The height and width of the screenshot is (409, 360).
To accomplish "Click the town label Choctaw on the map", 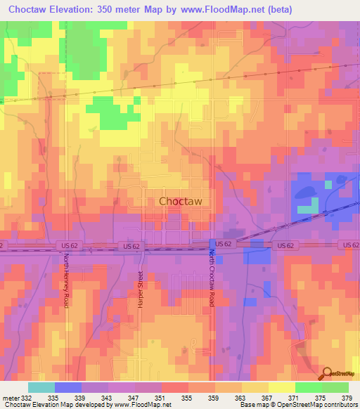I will coord(181,201).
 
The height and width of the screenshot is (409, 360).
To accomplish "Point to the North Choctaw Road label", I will coord(211,280).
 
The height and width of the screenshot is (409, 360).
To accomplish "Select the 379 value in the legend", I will coord(347,398).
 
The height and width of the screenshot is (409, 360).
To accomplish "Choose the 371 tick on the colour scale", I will coord(295,398).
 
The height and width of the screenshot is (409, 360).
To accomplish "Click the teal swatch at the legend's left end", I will coord(41,387).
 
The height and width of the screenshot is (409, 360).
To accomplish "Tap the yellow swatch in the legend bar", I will coord(281,387).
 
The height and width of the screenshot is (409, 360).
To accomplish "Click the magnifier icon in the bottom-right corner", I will coord(326,373).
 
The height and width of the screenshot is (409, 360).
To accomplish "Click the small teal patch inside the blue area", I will coord(307,209).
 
